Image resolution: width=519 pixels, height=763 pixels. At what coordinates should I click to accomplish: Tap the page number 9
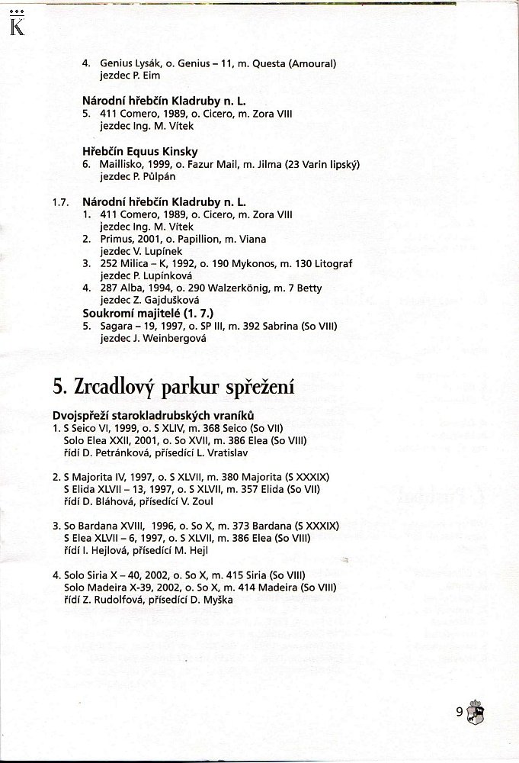pos(459,713)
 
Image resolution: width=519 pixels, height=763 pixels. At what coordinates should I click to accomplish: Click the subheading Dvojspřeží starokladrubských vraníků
pos(152,415)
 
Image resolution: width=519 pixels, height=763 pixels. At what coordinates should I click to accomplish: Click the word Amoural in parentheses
pos(309,63)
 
